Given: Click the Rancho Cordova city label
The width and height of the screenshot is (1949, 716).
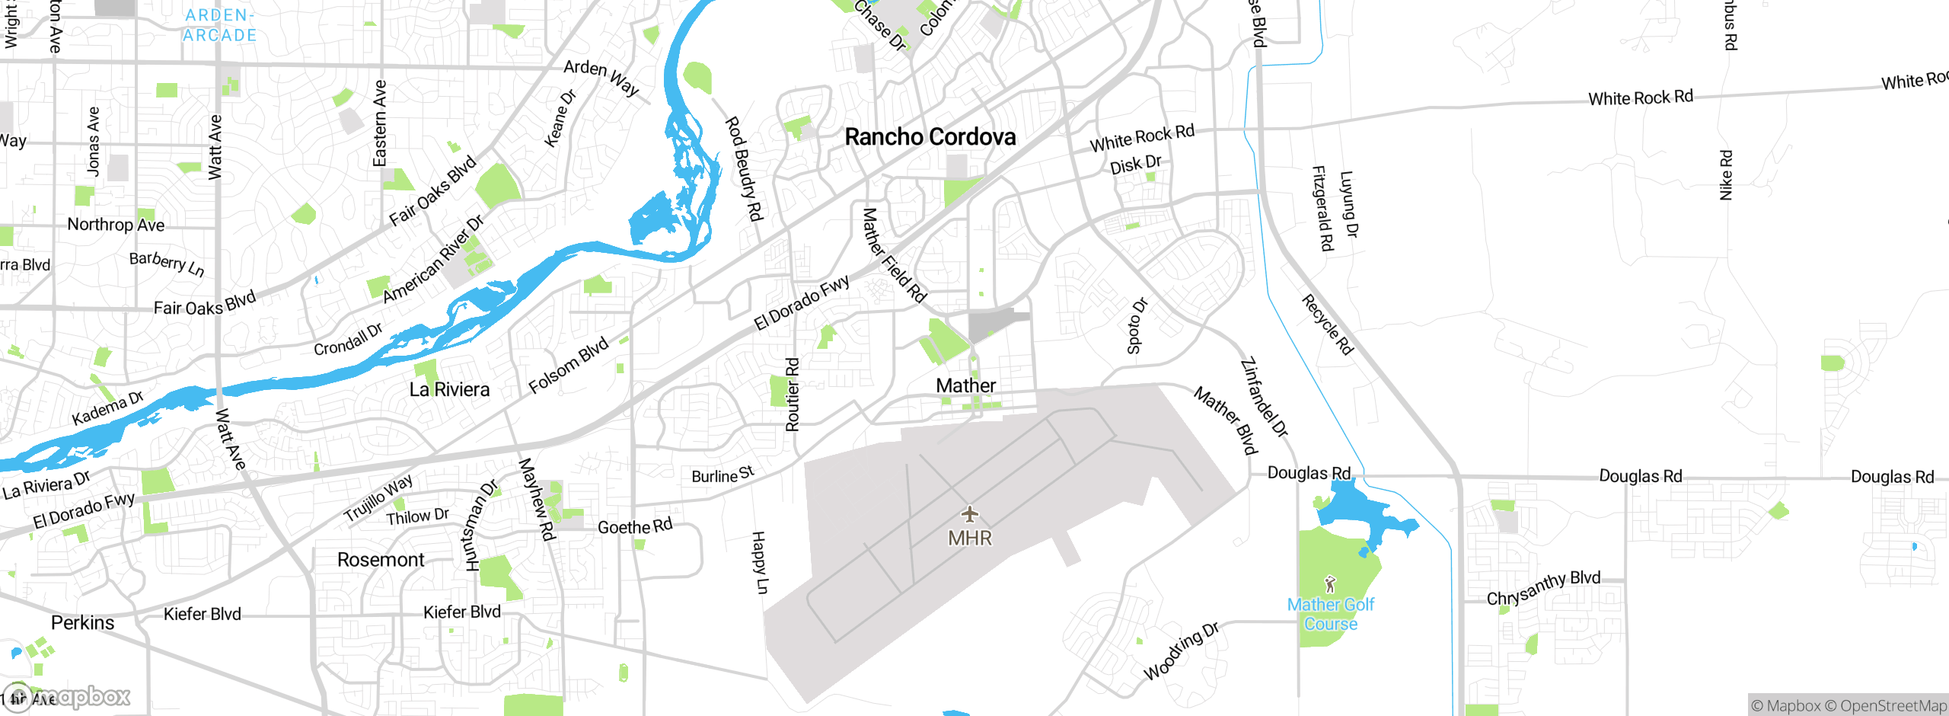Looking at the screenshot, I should [x=930, y=137].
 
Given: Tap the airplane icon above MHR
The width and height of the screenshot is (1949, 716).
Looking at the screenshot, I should [x=969, y=514].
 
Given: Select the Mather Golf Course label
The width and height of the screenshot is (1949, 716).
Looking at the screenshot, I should [x=1331, y=614].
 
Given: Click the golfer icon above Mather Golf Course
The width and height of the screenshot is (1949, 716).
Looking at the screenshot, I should [x=1330, y=584].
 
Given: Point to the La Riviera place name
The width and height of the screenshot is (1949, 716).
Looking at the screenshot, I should [x=449, y=390].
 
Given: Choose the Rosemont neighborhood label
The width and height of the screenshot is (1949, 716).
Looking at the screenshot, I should [x=381, y=560].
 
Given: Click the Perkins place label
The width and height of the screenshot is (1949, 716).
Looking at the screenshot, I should [x=82, y=623].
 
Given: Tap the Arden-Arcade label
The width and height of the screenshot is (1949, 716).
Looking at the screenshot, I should [x=220, y=25].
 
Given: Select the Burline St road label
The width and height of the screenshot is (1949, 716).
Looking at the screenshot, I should [x=723, y=475].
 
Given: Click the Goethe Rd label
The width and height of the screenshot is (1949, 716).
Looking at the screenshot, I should [x=635, y=526].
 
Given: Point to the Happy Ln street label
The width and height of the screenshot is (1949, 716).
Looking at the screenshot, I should [x=760, y=563].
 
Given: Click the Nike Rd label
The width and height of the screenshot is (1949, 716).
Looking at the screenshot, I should [x=1726, y=175].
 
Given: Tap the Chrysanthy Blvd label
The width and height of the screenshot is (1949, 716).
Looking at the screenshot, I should [x=1543, y=587].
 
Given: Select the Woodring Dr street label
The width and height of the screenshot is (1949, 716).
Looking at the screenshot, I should [x=1182, y=651].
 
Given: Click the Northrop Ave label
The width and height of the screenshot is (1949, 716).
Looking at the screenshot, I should [x=116, y=225].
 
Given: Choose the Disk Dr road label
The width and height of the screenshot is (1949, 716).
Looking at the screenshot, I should [x=1135, y=165].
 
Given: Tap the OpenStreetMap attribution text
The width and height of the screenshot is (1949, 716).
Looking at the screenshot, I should [x=1893, y=706].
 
